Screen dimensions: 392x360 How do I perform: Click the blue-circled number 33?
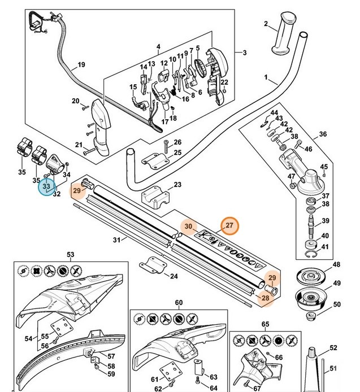46,186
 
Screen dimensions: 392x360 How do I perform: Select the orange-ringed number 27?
230,225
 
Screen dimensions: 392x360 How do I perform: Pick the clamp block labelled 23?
157,196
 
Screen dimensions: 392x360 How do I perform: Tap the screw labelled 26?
166,142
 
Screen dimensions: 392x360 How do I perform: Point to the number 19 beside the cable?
81,65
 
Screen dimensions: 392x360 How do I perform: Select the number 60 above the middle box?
179,303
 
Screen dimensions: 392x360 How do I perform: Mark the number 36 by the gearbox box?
323,134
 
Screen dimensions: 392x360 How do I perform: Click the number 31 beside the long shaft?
116,240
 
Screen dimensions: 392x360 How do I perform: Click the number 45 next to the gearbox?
324,167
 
